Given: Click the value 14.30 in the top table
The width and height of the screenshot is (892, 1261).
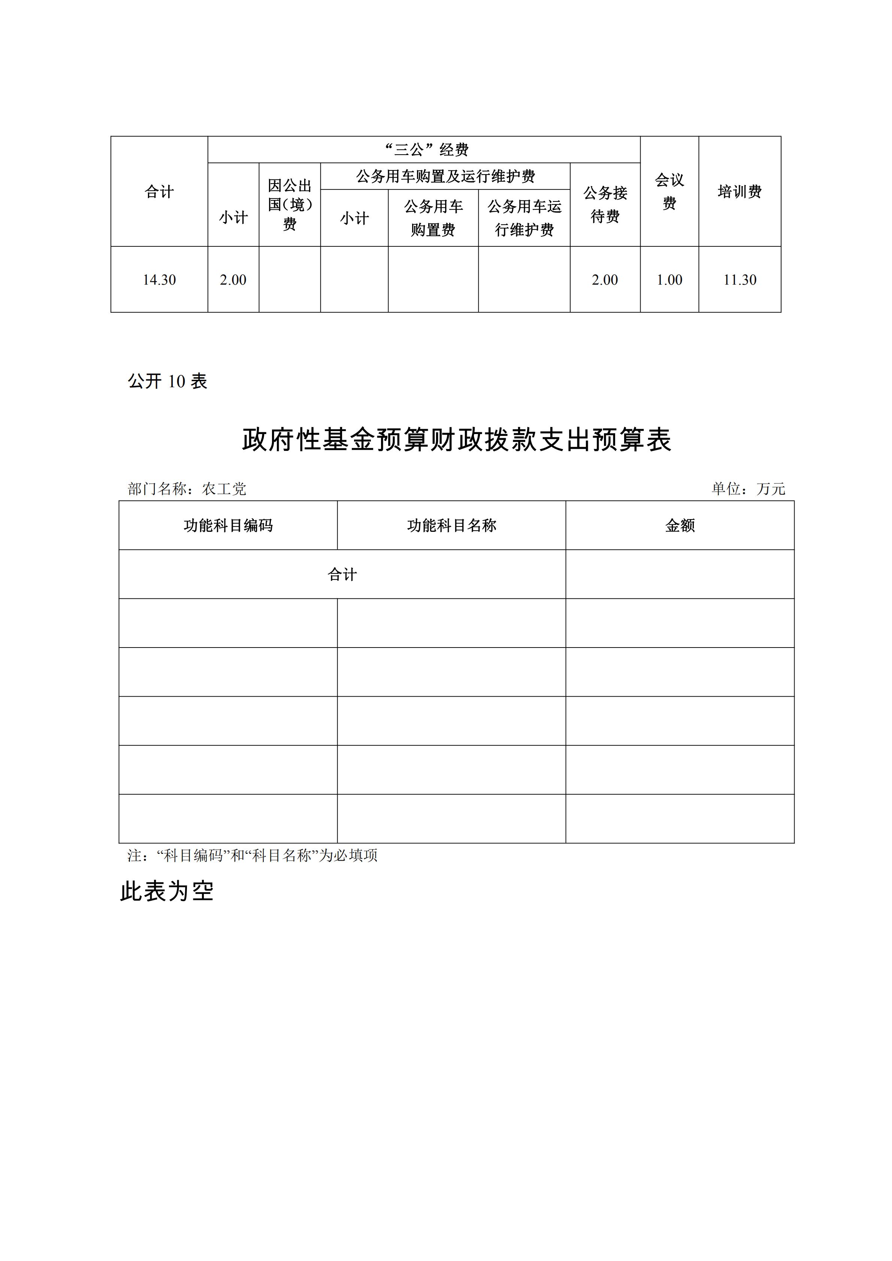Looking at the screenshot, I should [159, 280].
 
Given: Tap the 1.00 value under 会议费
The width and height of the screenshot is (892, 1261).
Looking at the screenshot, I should [669, 280].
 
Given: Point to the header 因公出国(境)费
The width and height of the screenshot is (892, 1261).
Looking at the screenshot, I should [290, 205].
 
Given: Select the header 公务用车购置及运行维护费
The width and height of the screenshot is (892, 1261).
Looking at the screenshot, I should [445, 176].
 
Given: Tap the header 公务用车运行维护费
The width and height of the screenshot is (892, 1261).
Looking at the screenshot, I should [524, 218].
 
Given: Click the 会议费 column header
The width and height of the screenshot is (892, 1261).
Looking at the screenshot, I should [669, 192].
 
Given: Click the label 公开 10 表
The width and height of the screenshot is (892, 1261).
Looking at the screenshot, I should [167, 381].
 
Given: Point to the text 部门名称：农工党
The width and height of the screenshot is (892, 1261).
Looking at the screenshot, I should [187, 489].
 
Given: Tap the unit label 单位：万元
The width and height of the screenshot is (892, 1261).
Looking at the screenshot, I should [748, 489].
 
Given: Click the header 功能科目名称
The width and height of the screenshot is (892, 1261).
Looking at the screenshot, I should [451, 525].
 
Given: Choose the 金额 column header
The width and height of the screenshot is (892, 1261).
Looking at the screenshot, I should [680, 525].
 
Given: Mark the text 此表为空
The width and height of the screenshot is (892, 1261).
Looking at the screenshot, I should [167, 891].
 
